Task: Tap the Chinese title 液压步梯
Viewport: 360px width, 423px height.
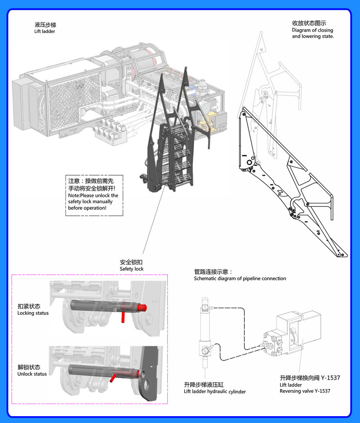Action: (45, 25)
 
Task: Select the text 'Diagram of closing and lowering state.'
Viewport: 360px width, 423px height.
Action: (312, 34)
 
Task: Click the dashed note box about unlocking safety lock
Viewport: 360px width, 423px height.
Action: (94, 195)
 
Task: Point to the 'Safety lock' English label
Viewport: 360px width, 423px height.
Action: (131, 269)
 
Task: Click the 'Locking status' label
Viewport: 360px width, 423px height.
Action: (33, 313)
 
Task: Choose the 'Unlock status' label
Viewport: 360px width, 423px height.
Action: (32, 374)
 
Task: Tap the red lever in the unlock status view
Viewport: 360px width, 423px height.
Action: (113, 377)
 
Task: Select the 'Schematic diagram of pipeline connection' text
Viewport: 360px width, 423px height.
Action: (240, 279)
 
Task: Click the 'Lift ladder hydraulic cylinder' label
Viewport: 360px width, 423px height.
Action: (215, 392)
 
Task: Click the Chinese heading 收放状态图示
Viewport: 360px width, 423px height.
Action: (309, 23)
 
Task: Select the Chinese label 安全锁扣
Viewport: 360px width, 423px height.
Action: (131, 262)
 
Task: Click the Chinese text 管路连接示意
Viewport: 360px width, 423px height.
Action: (213, 272)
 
